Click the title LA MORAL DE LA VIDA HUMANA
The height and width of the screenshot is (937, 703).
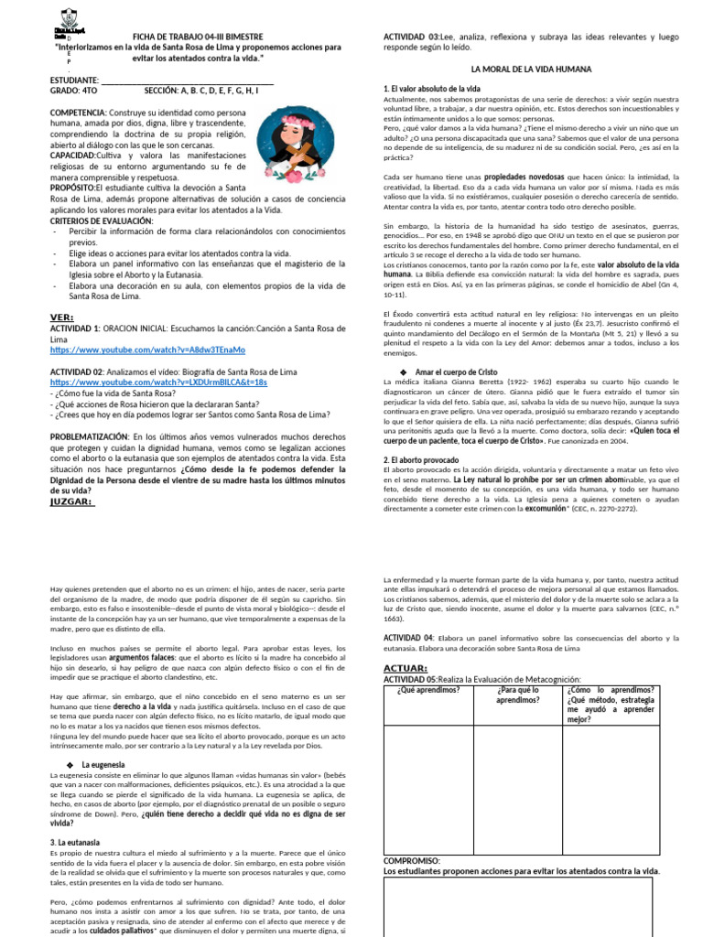tap(531, 69)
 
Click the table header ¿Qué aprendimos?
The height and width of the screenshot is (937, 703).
tap(428, 690)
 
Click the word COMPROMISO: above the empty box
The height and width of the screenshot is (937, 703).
tap(412, 861)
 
